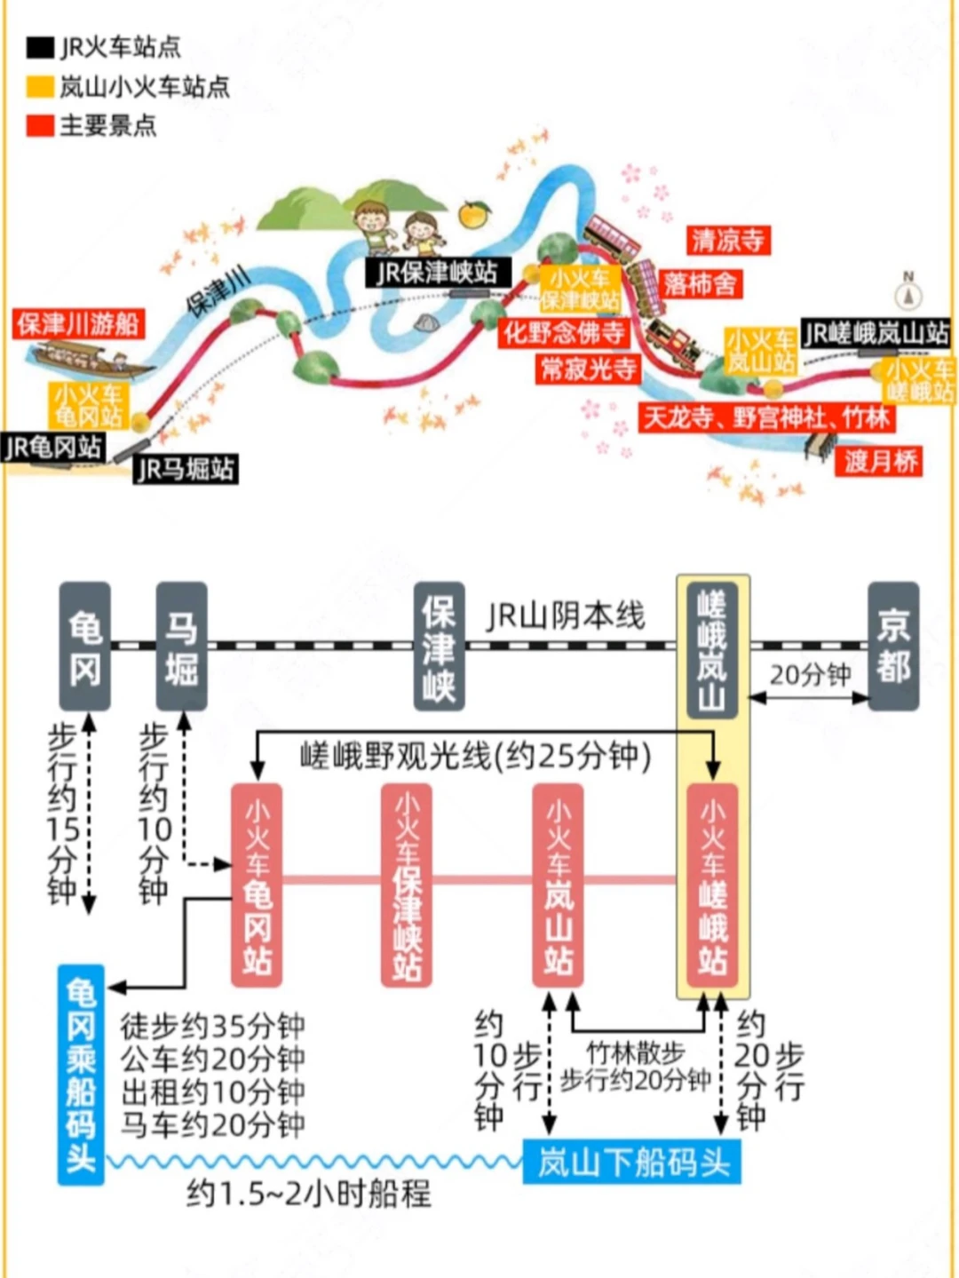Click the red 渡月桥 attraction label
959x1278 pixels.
878,463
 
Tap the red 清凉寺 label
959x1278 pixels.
728,241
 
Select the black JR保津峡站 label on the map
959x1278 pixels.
438,273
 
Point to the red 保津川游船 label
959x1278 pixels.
78,324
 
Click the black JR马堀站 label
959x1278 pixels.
186,469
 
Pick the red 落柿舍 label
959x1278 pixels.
701,284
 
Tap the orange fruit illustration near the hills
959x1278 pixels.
473,214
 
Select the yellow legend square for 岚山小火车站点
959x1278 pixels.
40,87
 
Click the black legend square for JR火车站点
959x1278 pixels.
40,48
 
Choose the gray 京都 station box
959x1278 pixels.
893,646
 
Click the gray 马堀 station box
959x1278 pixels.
181,646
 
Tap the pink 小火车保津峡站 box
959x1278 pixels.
406,885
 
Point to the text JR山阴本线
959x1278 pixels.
566,616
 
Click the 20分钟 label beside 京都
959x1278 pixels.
810,675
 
